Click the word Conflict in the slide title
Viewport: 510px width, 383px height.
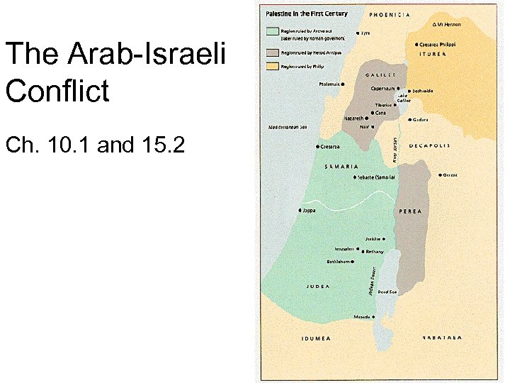click(57, 91)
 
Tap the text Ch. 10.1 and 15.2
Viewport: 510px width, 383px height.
click(95, 145)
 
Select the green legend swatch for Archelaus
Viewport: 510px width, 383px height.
click(273, 31)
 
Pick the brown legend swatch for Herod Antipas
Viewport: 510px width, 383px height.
click(273, 52)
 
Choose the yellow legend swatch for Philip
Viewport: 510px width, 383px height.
click(273, 67)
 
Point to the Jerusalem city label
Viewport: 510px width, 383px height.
click(346, 249)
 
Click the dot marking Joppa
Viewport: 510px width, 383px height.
click(300, 211)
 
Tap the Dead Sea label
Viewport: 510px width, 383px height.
click(387, 292)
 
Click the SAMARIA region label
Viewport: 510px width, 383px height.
click(341, 167)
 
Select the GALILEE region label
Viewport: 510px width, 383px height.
click(380, 75)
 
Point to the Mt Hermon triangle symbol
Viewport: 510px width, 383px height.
click(434, 24)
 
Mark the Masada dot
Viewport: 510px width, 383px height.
click(373, 316)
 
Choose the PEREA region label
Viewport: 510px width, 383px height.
click(411, 211)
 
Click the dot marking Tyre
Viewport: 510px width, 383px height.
click(358, 33)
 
